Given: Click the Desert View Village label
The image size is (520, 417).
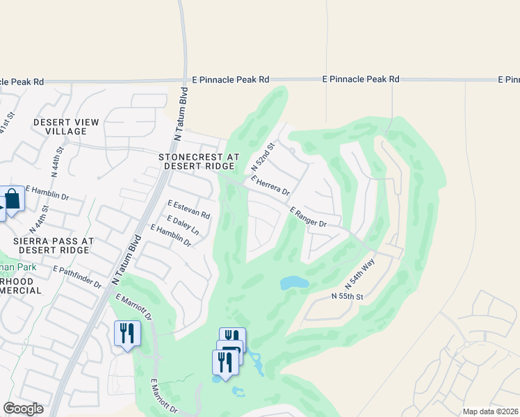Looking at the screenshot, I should coord(67,127).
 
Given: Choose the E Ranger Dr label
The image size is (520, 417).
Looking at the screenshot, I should coord(308,217).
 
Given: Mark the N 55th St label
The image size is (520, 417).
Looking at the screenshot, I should coord(348,297).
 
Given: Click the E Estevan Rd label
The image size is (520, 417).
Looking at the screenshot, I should coord(188,208).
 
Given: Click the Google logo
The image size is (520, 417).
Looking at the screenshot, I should coord(23,409).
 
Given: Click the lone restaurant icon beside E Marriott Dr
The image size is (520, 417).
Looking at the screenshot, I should coord(127,333).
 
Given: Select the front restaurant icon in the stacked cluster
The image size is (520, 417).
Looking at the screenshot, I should coord(225,361).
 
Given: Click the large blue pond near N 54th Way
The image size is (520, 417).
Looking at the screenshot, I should coord(294,283).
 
